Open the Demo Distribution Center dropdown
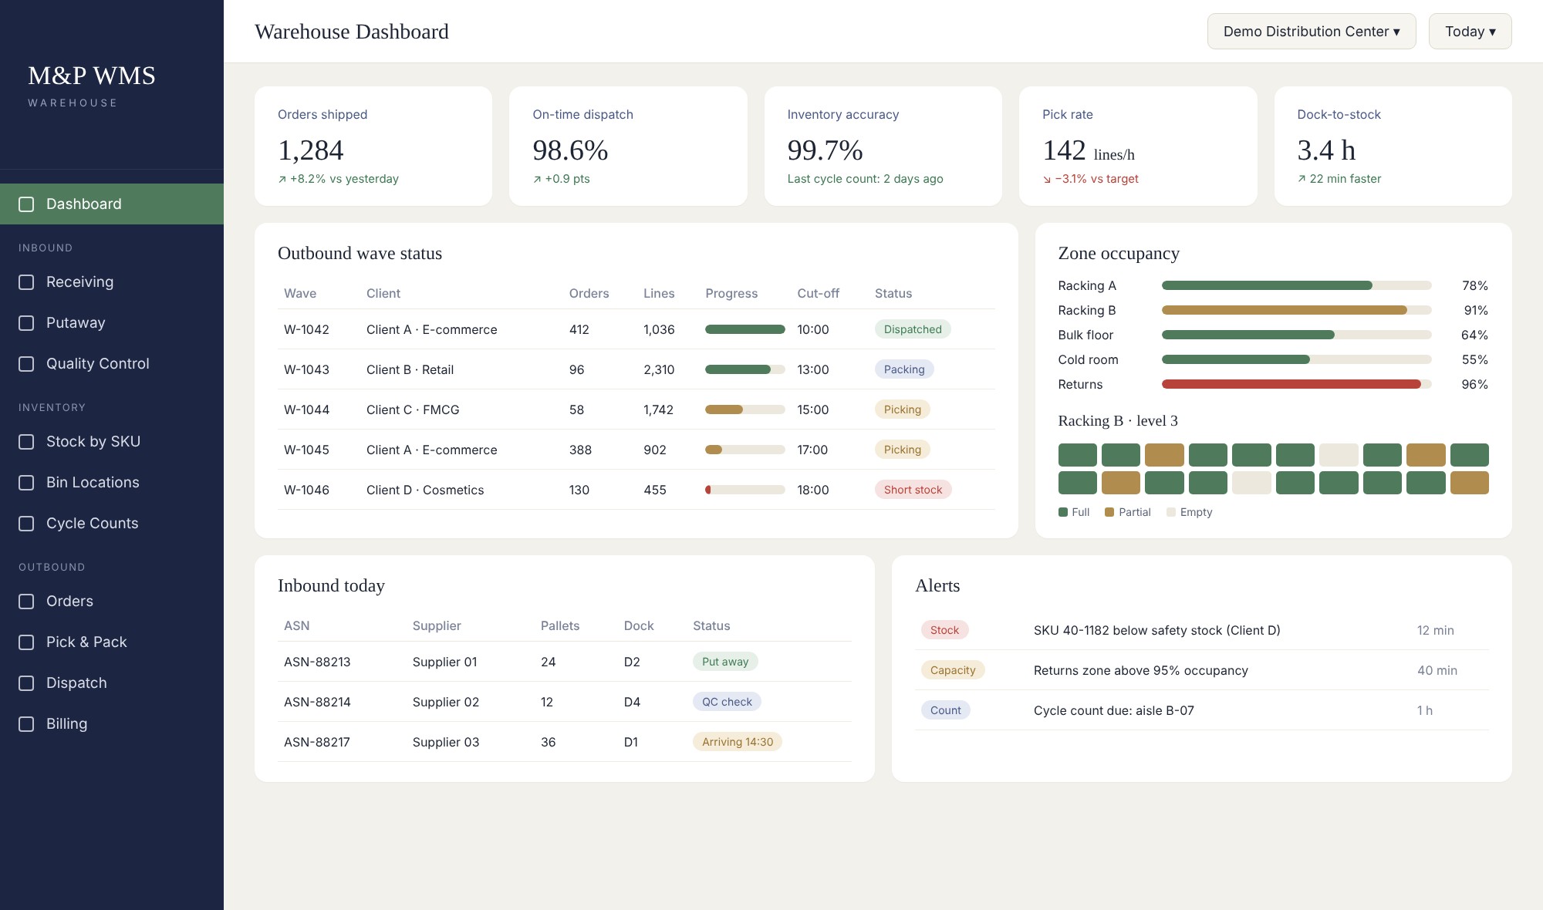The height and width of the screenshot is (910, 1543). pos(1312,32)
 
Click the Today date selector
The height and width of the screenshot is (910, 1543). pos(1470,32)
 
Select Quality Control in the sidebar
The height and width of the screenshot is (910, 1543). pos(97,363)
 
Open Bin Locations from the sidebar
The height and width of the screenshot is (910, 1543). pos(93,482)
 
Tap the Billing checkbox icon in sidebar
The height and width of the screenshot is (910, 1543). pos(26,723)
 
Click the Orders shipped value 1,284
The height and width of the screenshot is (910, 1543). pos(311,150)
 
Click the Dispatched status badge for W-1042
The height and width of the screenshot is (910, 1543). pos(913,329)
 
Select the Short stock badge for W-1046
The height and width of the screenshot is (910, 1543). pos(913,490)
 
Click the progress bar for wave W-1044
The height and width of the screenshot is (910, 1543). pos(745,410)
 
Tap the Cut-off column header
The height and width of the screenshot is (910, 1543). pos(818,293)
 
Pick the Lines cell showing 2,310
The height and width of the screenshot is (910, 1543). pos(659,369)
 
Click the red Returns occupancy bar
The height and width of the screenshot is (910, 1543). pos(1291,384)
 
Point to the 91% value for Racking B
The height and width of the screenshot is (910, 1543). pos(1476,310)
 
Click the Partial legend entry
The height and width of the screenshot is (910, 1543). pos(1127,512)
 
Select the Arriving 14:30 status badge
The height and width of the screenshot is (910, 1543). pos(738,742)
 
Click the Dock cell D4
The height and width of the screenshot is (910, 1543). pos(632,702)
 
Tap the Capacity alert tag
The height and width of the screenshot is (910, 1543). pos(953,670)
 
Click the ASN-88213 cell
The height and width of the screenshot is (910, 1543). pos(317,662)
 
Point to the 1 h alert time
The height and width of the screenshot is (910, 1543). pos(1425,710)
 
